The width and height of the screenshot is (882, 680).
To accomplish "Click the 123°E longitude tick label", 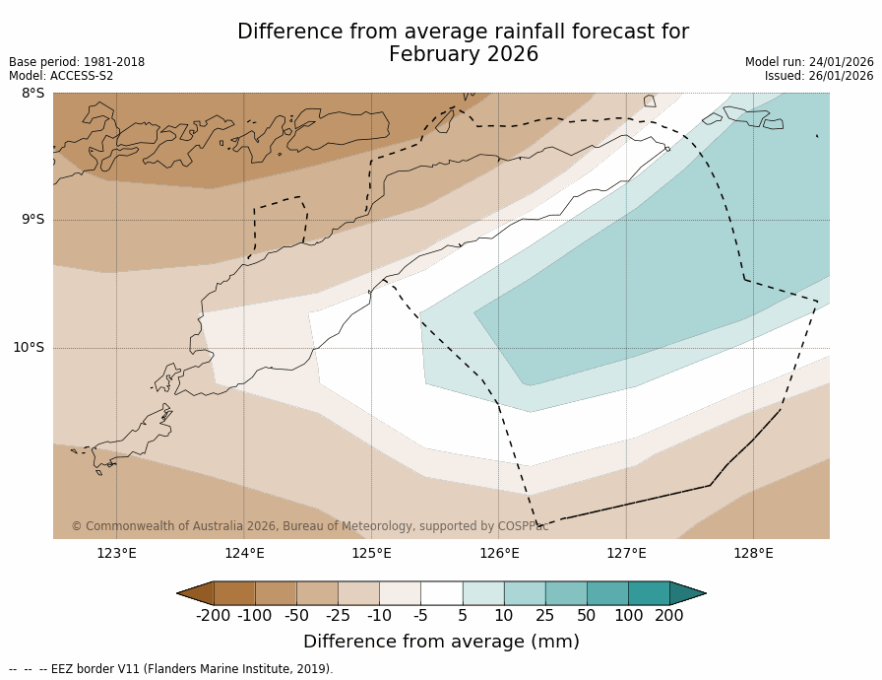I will click(x=116, y=553).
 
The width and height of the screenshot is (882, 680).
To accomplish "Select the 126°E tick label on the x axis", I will click(x=499, y=553).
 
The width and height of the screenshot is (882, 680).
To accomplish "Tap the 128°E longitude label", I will click(x=753, y=553).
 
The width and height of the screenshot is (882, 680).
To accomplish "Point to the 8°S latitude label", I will click(x=32, y=94).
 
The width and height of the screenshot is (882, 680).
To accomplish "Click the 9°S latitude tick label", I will click(x=32, y=220).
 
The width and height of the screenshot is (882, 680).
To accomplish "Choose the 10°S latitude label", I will click(x=29, y=347).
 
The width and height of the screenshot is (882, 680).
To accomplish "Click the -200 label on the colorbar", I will click(x=213, y=616).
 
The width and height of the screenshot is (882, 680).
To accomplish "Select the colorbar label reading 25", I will click(x=544, y=616).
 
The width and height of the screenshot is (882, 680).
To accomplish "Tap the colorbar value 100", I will click(x=627, y=616).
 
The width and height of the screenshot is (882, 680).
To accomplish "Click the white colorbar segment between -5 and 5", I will click(x=441, y=593).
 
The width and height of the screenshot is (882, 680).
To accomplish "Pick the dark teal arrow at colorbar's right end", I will click(x=687, y=593).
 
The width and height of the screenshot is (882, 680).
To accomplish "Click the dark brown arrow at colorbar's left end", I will click(x=195, y=593).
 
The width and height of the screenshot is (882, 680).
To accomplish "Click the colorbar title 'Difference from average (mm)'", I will click(x=441, y=642).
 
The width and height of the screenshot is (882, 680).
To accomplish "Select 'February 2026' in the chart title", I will click(x=464, y=55).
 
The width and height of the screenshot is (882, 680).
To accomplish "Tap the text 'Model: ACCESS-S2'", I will click(x=61, y=76).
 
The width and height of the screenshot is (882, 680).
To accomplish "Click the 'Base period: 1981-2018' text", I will click(x=77, y=62).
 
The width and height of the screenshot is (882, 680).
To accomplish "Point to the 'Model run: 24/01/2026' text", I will click(x=809, y=62).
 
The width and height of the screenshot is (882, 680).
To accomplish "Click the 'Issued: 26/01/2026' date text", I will click(x=819, y=76).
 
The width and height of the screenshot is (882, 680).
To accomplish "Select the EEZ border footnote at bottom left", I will click(x=171, y=669).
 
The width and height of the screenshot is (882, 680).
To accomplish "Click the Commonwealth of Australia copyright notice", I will click(x=310, y=526).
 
